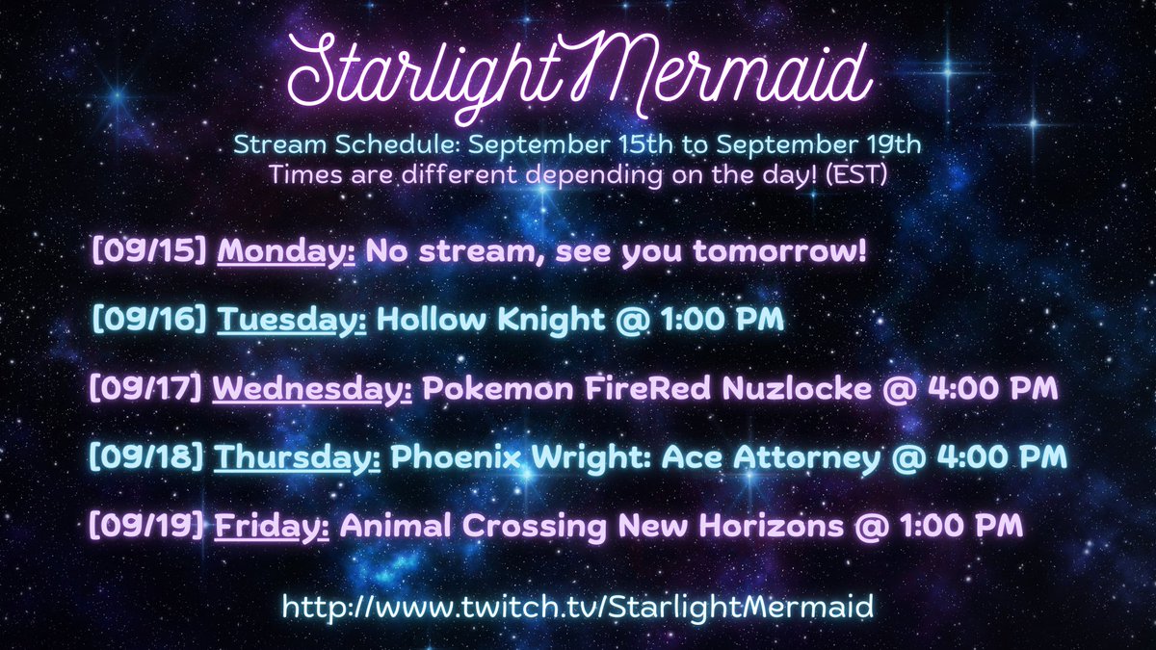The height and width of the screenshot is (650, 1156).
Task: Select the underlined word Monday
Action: pos(286,251)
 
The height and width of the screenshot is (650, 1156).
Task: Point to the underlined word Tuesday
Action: pos(292,320)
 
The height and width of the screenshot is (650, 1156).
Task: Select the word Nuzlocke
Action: pos(833,389)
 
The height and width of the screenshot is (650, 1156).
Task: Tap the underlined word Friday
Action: pos(273,527)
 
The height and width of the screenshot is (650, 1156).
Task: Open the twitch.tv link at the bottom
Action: pos(578,607)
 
